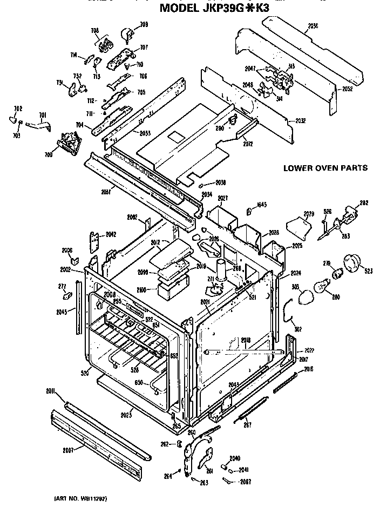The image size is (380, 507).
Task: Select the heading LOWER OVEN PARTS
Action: [x=325, y=168]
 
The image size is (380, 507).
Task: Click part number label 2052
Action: [x=347, y=89]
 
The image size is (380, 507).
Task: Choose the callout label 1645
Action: [x=262, y=204]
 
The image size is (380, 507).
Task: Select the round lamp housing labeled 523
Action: [x=355, y=265]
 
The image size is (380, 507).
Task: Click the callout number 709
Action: [x=144, y=24]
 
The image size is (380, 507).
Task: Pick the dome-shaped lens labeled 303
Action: [x=305, y=296]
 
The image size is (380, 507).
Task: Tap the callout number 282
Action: [x=364, y=203]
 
